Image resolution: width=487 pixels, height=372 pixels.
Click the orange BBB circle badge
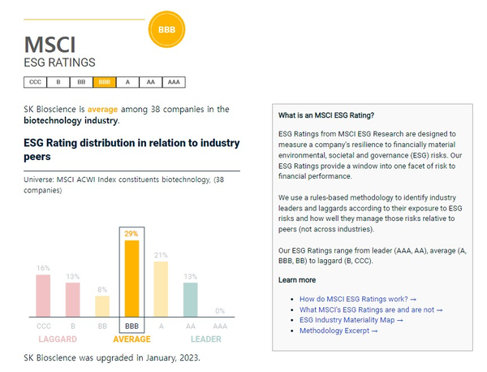[x=166, y=29]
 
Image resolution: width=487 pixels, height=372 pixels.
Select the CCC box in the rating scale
[x=35, y=82]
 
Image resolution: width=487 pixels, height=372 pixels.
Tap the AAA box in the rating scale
[x=174, y=82]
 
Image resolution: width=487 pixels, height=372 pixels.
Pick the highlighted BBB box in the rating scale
[x=104, y=82]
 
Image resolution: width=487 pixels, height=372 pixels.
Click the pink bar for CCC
[x=43, y=296]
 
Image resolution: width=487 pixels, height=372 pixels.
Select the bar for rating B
[x=73, y=300]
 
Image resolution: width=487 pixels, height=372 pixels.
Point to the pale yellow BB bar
[x=102, y=306]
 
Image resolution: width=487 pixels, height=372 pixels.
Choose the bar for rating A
[x=161, y=289]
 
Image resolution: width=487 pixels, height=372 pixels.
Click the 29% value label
[x=131, y=233]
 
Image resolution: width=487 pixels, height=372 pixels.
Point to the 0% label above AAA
[x=219, y=310]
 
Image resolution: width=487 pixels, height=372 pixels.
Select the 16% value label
[x=43, y=267]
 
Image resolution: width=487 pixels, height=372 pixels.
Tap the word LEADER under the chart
[x=205, y=339]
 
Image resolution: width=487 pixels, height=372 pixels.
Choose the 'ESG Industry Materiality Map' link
[x=351, y=320]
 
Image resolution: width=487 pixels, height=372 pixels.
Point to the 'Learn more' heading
[x=297, y=279]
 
